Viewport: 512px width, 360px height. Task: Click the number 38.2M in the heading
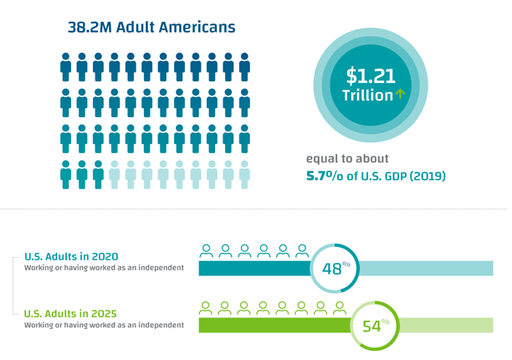coord(90,27)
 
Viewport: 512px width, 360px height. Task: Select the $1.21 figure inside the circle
coord(371,76)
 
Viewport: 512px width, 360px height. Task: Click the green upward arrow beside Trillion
coord(401,95)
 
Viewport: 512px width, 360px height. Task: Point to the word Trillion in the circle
coord(366,95)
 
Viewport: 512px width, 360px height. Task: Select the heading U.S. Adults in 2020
coord(71,256)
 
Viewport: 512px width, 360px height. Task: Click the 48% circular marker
coord(334,268)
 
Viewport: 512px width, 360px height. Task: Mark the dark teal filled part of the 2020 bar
coord(253,269)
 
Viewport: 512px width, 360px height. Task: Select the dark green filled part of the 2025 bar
coord(274,325)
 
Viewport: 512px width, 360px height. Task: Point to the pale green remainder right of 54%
coord(447,325)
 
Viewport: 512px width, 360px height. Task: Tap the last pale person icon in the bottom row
coord(244,174)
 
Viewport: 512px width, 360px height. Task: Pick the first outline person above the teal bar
coord(205,250)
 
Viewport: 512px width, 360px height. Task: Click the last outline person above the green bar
coord(340,306)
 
